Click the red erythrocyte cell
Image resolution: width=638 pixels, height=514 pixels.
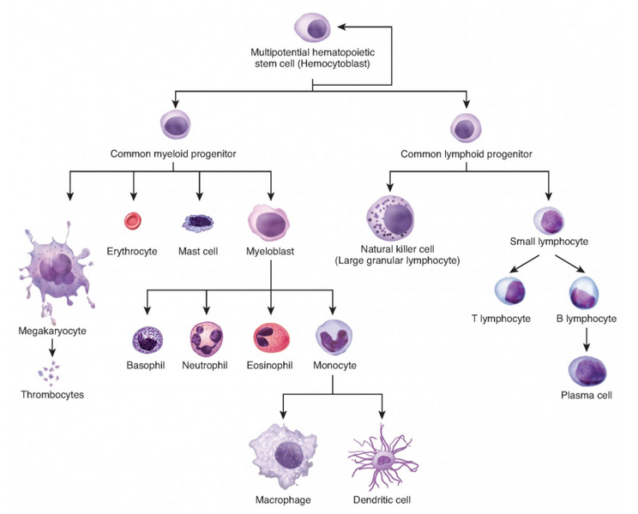click(x=133, y=222)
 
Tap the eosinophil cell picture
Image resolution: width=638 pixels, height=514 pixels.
click(x=272, y=338)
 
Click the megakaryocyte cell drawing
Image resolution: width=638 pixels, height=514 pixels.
click(x=52, y=272)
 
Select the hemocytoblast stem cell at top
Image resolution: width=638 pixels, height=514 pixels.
click(x=312, y=27)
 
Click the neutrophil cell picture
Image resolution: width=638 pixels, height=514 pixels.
click(x=207, y=338)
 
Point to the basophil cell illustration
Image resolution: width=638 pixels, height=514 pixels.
click(x=144, y=338)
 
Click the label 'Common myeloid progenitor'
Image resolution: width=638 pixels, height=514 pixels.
click(x=173, y=154)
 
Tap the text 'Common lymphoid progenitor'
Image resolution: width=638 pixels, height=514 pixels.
click(x=466, y=154)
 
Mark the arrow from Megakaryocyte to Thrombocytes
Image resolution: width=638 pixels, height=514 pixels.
click(x=53, y=347)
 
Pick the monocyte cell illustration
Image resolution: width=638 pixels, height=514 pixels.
click(x=334, y=338)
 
